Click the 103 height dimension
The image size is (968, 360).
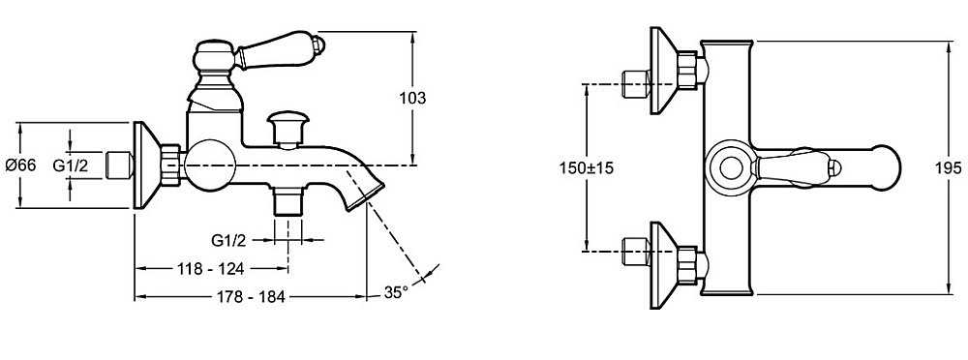tap(412, 98)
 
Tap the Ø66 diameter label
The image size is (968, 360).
tap(21, 165)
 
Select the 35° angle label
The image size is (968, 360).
tap(396, 292)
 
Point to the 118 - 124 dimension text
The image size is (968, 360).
tap(210, 269)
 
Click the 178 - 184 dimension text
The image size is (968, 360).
tap(252, 297)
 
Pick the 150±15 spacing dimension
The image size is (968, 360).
tap(587, 167)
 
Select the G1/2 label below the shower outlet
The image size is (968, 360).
tap(229, 240)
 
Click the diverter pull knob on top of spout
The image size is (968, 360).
tap(287, 128)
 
